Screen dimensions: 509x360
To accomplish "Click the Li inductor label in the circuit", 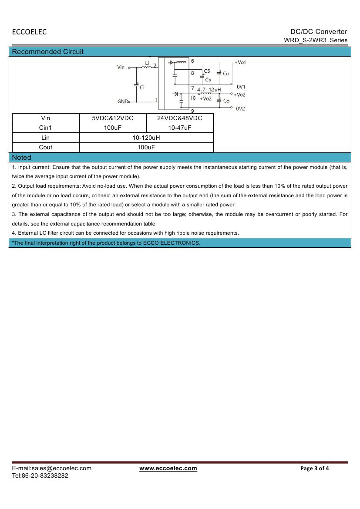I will [x=147, y=63].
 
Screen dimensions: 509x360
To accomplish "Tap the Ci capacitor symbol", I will [x=137, y=84].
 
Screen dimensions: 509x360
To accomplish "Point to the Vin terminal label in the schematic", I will [x=121, y=67].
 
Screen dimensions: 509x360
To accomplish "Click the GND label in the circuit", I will [x=122, y=101].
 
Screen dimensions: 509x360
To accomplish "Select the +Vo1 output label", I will [x=240, y=62].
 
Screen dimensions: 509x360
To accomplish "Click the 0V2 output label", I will [x=241, y=108].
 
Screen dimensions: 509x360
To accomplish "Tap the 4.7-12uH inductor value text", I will [x=209, y=89].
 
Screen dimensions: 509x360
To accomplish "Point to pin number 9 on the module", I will [x=192, y=111].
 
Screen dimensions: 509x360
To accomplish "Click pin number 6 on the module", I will [x=192, y=61].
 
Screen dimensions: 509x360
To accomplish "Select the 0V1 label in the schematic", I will [x=241, y=87].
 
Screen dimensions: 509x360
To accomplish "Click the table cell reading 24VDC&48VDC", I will [x=180, y=118].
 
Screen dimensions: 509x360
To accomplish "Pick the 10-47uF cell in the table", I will [x=180, y=128].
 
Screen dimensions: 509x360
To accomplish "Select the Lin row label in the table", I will [x=46, y=138].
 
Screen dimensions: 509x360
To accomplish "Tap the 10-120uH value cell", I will [x=146, y=138].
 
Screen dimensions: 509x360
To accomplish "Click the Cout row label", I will [x=46, y=147].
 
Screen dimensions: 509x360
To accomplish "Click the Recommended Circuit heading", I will [x=48, y=52].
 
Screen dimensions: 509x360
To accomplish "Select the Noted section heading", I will [x=22, y=157].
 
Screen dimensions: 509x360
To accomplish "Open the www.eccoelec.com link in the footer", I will [x=168, y=468].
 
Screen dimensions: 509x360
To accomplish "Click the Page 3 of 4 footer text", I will [x=315, y=469].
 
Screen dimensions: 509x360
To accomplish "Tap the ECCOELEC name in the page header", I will [x=29, y=32].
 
